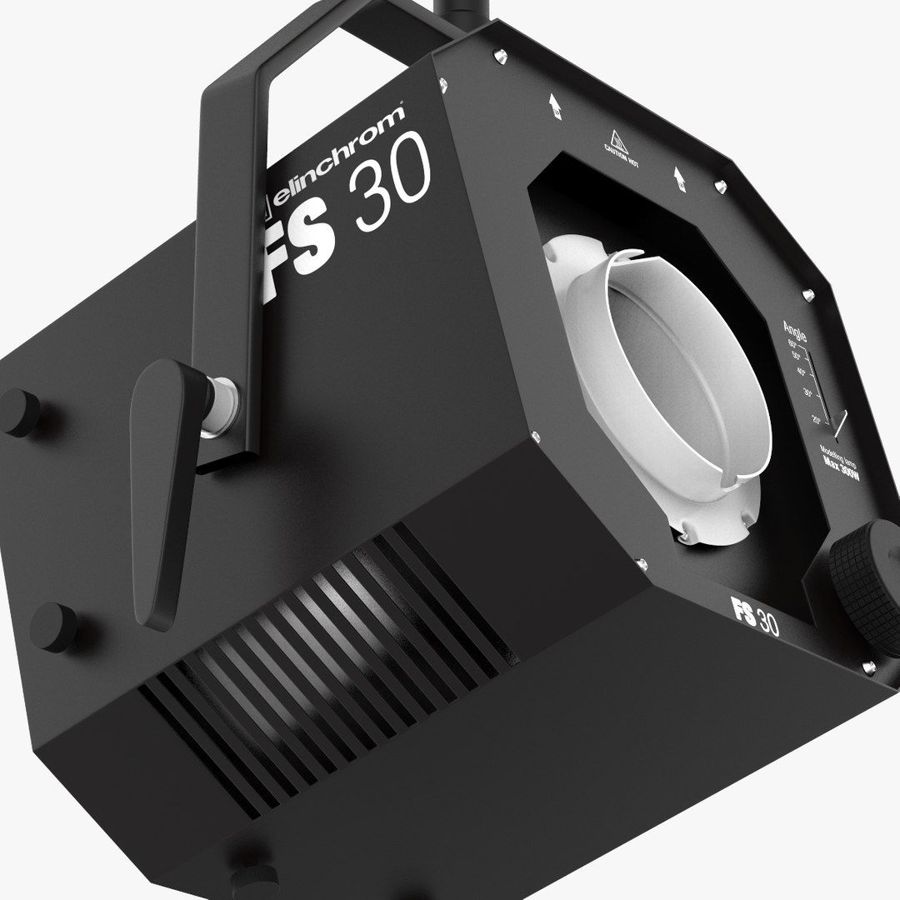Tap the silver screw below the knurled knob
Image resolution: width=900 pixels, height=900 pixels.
[868, 667]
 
